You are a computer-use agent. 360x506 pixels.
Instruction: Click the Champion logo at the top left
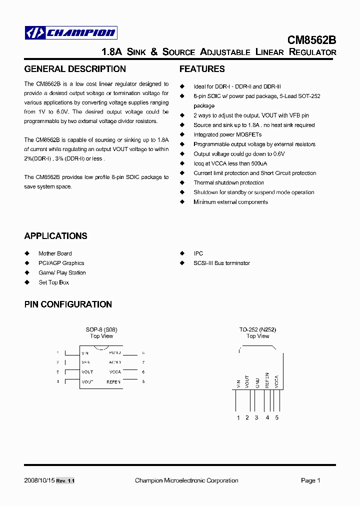point(71,33)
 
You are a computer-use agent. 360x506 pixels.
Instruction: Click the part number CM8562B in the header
point(311,39)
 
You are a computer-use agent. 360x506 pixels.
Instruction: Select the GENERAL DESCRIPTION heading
point(75,69)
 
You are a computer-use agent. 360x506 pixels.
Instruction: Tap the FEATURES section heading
point(202,69)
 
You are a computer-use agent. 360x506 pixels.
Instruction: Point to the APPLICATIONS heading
point(55,236)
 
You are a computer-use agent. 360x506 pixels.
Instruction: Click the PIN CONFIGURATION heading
point(68,304)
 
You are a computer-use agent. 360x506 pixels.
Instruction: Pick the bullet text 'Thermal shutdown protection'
point(228,182)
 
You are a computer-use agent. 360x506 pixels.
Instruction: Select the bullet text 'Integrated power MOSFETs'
point(227,134)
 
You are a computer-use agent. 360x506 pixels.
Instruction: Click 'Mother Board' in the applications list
point(55,253)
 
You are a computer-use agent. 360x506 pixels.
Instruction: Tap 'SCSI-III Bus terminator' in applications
point(221,263)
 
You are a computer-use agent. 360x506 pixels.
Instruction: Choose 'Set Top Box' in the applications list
point(53,282)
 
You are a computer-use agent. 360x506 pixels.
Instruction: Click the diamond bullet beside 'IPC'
point(182,253)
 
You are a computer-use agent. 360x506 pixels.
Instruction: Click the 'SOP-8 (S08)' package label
point(101,329)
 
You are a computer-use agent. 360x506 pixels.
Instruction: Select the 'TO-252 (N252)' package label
point(257,329)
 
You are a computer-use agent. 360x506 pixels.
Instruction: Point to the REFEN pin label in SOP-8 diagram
point(113,381)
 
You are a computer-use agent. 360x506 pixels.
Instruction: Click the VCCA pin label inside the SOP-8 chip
point(115,372)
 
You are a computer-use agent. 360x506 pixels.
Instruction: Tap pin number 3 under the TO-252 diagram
point(256,417)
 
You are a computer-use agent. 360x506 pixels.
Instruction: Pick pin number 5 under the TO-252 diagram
point(276,417)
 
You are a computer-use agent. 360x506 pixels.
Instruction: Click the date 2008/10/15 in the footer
point(38,480)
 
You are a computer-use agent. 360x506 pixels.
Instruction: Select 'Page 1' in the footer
point(310,480)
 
